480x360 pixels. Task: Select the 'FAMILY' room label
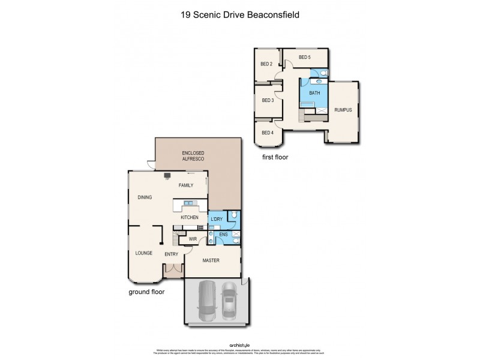[x=186, y=185]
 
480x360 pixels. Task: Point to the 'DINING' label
[x=145, y=197]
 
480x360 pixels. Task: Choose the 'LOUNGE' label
[x=143, y=253]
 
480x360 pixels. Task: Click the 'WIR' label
[x=193, y=239]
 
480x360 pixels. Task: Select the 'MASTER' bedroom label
[x=211, y=260]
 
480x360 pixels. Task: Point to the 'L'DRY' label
[x=216, y=219]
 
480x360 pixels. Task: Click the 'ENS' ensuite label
[x=223, y=235]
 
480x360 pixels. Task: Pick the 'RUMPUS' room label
[x=343, y=110]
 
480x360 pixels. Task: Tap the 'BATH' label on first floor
[x=314, y=93]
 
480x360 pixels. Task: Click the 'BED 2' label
[x=266, y=64]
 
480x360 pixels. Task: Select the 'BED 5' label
[x=305, y=58]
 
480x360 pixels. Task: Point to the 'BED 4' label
[x=266, y=132]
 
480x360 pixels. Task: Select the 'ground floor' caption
[x=146, y=292]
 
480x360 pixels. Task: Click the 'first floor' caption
[x=275, y=157]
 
